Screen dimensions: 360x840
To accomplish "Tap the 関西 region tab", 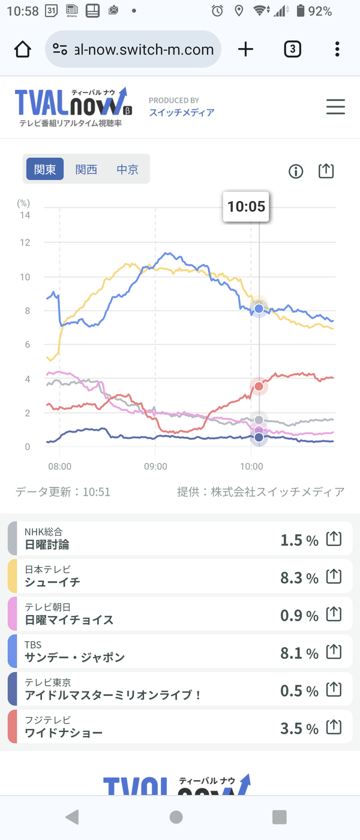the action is [x=86, y=169].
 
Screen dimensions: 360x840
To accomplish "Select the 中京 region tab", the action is [x=127, y=169].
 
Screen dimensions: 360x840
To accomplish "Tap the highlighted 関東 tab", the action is [x=45, y=169].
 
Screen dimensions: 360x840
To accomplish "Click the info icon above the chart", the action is [x=296, y=172].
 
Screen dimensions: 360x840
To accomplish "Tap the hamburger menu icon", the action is [x=335, y=107].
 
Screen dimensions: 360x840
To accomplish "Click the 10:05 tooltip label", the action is [x=246, y=206].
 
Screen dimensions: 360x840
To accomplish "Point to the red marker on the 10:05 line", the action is [x=259, y=386].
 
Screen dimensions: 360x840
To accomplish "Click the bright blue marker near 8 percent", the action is [x=259, y=308].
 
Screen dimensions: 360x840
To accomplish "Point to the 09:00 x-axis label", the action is [x=155, y=467].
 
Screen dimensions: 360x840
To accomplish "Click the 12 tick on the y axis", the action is [x=25, y=242].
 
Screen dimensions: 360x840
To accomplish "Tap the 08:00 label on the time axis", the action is [x=59, y=467].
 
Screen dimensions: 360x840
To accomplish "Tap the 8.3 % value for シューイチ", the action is [x=299, y=578].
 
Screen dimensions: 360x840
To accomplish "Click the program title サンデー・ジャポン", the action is [x=74, y=657].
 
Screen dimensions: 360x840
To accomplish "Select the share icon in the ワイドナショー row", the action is [x=334, y=727].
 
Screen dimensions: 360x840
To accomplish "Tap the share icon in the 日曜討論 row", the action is [x=334, y=539].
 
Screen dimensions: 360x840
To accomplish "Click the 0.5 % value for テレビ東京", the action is [x=299, y=691].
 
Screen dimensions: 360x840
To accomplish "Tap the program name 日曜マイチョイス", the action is [x=69, y=619].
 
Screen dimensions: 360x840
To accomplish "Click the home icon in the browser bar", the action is [x=23, y=49].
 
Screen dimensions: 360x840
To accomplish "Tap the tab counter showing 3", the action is [x=293, y=49].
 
